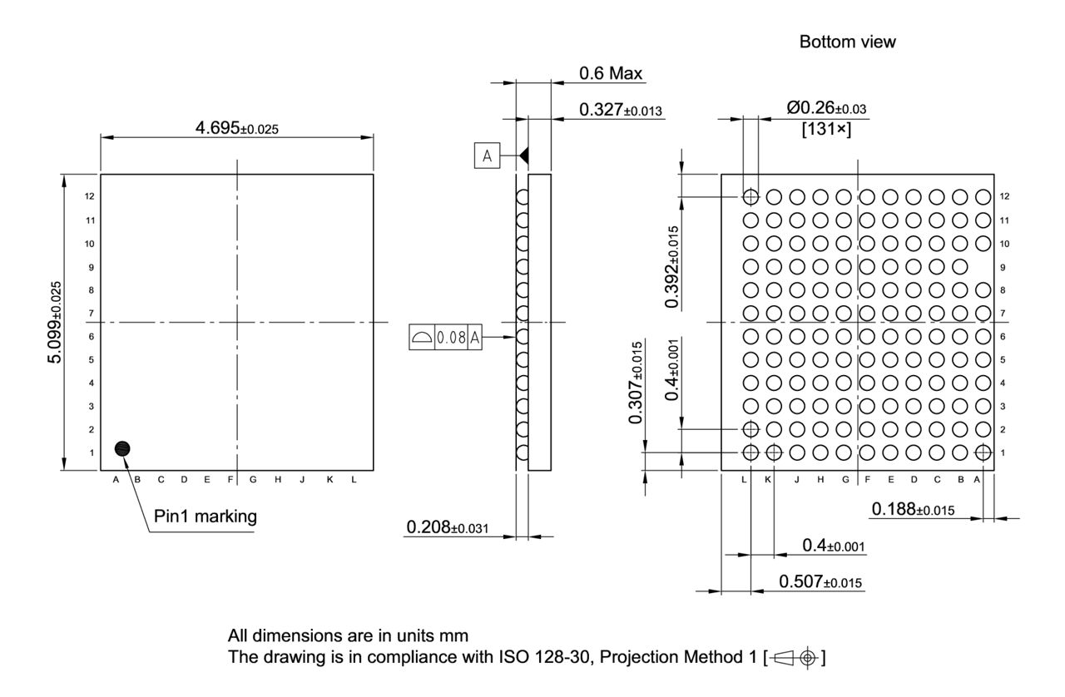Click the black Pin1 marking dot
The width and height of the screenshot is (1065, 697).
click(x=122, y=448)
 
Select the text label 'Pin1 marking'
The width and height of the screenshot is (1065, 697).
click(x=206, y=517)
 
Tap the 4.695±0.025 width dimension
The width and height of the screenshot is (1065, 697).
click(x=236, y=128)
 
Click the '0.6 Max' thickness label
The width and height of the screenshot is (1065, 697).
click(x=611, y=74)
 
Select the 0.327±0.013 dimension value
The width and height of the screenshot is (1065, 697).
click(x=621, y=110)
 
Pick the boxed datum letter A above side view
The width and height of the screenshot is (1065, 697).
click(x=487, y=156)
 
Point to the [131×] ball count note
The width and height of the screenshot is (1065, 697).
click(x=825, y=129)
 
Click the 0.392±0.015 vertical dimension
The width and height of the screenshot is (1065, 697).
click(x=671, y=266)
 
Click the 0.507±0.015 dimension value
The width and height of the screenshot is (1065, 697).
click(x=820, y=581)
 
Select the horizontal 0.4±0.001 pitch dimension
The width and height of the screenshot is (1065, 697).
click(x=833, y=546)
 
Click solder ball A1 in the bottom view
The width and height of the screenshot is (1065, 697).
click(x=983, y=452)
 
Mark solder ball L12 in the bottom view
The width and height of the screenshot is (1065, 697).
click(x=750, y=197)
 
